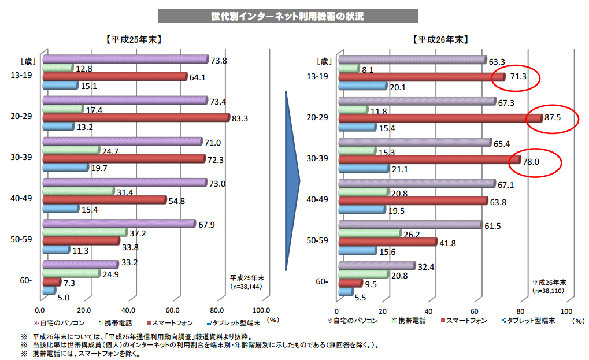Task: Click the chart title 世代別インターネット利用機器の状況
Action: pos(287,16)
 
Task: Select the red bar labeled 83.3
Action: pos(136,118)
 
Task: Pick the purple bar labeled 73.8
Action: pos(125,59)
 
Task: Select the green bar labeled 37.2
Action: pos(84,232)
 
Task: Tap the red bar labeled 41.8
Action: pos(387,242)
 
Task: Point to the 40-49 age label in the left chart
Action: pos(21,199)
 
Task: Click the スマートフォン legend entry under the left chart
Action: pos(173,322)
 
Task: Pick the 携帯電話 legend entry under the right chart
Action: pos(409,321)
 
